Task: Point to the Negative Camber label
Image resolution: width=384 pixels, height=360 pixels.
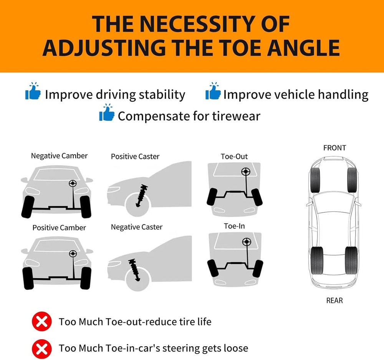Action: click(59, 156)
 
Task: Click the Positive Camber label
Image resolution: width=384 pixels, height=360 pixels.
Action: click(59, 228)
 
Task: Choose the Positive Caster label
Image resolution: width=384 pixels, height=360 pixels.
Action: click(135, 157)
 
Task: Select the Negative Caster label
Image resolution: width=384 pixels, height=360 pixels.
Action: click(137, 227)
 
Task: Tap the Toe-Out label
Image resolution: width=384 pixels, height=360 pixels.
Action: click(234, 157)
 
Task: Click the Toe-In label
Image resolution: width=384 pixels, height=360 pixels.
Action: click(234, 226)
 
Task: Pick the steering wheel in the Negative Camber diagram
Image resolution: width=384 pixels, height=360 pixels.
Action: click(72, 183)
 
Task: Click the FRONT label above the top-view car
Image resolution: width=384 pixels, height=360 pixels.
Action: click(334, 148)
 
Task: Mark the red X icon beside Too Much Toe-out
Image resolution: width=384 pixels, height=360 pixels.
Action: click(42, 321)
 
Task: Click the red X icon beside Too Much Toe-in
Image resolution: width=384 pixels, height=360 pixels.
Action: click(42, 348)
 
